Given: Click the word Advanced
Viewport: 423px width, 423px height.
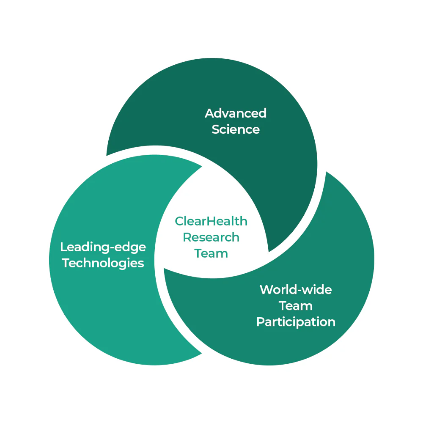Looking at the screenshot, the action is coord(236,113).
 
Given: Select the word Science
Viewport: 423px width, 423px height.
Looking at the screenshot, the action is coord(236,129).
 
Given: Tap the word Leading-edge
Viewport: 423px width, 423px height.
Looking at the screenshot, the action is coord(103,247).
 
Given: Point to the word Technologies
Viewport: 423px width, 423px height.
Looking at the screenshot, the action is coord(103,263).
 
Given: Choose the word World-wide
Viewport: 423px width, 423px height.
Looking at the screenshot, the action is coord(296,290).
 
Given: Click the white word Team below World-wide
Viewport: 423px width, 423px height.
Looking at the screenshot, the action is coord(296,306).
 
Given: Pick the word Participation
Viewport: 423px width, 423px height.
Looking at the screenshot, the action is coord(296,322).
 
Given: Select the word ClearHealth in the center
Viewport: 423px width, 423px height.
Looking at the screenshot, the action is coord(211,221).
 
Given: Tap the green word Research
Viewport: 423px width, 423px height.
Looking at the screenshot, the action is coord(211,237).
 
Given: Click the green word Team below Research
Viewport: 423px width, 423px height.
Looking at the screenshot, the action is coord(211,253).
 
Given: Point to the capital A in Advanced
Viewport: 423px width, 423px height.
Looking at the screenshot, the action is coord(210,113).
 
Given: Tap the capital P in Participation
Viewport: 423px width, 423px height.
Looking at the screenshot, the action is coord(260,321).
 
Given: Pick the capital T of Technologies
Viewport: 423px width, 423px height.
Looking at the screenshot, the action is coord(66,263).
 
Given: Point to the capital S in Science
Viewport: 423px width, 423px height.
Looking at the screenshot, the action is coord(216,129).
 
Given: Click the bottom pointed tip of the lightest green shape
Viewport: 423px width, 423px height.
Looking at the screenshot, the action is coord(202,353).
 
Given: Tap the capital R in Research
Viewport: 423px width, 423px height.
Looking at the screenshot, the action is coord(187,237).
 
